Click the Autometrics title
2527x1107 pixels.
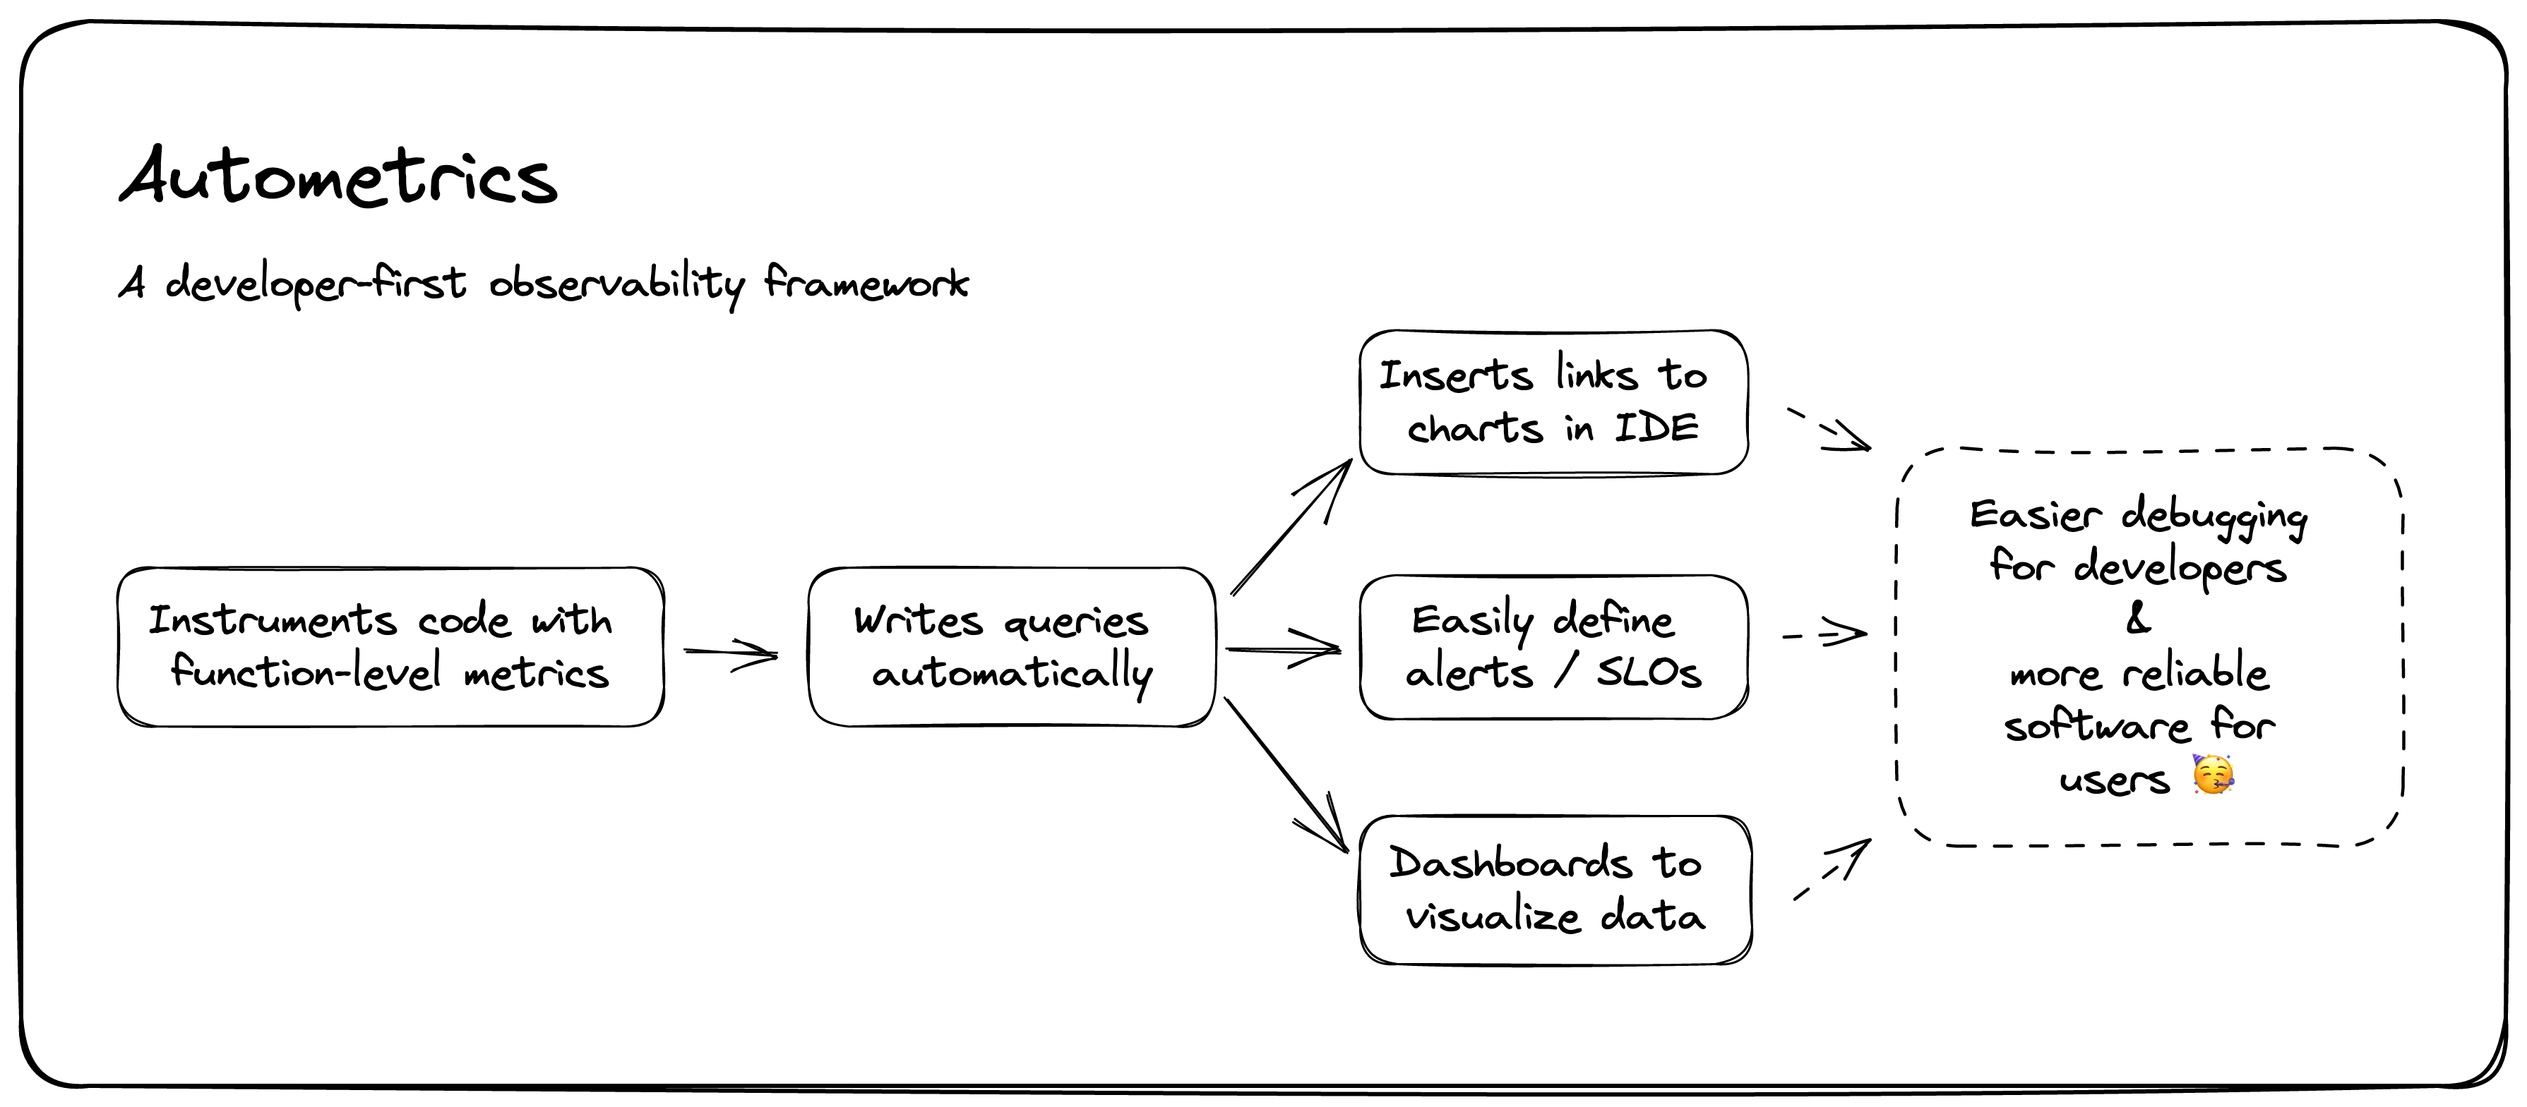(x=338, y=179)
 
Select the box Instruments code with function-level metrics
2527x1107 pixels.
(x=390, y=647)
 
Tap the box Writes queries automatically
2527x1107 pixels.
(x=1011, y=647)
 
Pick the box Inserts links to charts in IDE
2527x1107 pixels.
(x=1553, y=403)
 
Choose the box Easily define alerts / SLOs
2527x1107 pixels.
(x=1553, y=647)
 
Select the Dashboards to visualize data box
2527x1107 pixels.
(x=1555, y=889)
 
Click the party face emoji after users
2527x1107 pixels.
(x=2212, y=775)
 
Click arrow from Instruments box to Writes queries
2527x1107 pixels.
(x=731, y=654)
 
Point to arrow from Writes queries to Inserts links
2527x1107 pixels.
(x=1291, y=526)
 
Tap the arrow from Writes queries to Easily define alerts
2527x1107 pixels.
(x=1283, y=648)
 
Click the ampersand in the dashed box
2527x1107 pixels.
(x=2137, y=619)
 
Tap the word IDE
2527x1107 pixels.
(x=1657, y=428)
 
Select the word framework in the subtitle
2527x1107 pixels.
(x=865, y=284)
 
